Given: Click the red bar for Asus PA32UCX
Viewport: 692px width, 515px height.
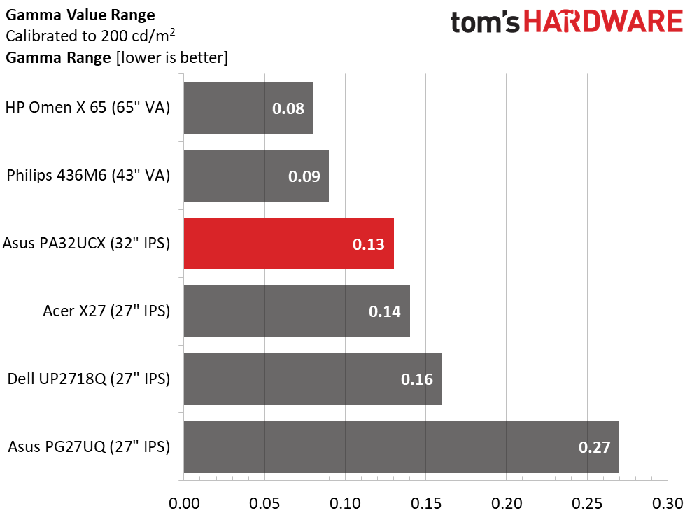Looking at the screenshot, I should tap(288, 244).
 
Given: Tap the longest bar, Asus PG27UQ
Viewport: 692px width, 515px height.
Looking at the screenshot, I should tap(401, 446).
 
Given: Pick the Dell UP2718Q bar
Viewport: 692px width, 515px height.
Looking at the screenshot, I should tap(313, 379).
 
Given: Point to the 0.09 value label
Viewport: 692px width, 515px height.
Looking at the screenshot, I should tap(304, 176).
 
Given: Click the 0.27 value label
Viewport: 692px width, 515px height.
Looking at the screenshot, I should tap(595, 447).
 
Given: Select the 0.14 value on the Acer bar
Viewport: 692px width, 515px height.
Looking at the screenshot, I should tap(385, 311).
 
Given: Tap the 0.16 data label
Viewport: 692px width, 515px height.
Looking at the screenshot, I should tap(417, 379).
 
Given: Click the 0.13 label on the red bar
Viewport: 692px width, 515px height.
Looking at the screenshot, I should tap(369, 244).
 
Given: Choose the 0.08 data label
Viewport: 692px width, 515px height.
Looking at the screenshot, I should tap(288, 108).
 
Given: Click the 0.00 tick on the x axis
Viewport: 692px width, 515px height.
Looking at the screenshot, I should tap(184, 502).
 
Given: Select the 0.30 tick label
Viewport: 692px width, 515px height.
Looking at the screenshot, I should tap(668, 502).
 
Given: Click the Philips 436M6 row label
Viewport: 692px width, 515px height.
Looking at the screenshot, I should tap(88, 176).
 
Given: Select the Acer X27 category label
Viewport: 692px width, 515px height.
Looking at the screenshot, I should tap(107, 311).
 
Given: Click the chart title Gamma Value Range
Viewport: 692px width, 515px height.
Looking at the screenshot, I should tap(80, 15).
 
